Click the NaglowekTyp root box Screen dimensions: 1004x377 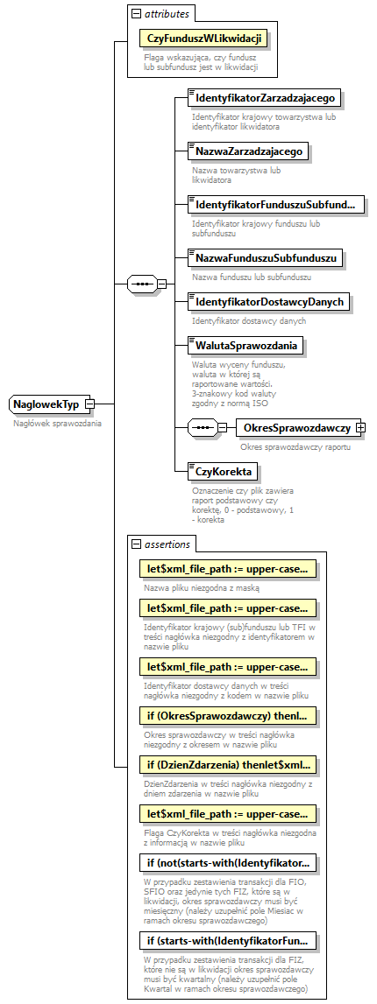(x=46, y=404)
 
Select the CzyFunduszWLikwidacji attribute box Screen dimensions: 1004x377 (x=201, y=39)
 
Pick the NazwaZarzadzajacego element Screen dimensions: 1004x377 (x=247, y=151)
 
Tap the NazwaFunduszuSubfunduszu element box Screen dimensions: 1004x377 (x=266, y=258)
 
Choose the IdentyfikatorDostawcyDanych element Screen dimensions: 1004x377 (x=270, y=302)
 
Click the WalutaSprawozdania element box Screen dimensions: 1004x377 (x=245, y=346)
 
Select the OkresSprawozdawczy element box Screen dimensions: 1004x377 (x=296, y=428)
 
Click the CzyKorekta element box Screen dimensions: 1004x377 (x=223, y=472)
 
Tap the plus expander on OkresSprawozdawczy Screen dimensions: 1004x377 (x=359, y=428)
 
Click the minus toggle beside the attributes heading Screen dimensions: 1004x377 (x=136, y=14)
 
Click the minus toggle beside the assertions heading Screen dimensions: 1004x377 (x=136, y=544)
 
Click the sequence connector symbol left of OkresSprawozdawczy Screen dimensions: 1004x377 (x=203, y=428)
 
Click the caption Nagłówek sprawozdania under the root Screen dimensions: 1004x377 (x=57, y=424)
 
